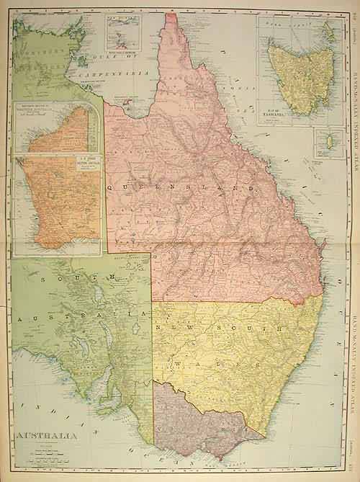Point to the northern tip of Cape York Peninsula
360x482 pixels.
[169, 12]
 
